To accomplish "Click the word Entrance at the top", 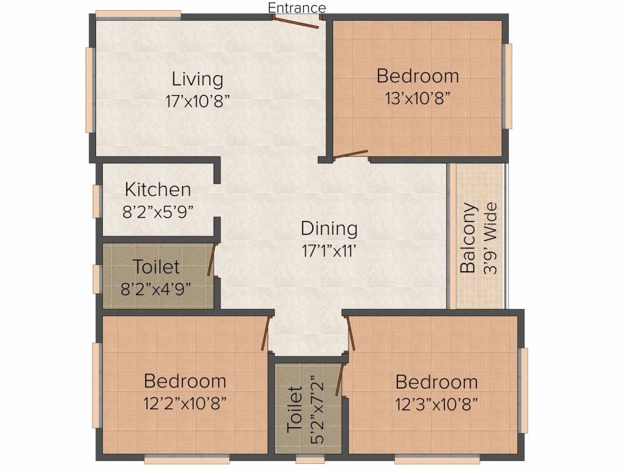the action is coord(297,7).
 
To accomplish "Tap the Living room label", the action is coord(197,80).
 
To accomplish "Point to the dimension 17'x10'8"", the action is coord(198,102).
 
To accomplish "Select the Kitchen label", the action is coord(157,190).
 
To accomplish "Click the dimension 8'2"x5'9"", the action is coord(158,212).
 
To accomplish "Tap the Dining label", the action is coord(329,229).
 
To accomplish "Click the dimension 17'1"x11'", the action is coord(329,251).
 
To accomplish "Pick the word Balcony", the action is coord(468,238).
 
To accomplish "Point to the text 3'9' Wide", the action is coord(490,238).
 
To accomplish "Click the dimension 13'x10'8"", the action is coord(418,98).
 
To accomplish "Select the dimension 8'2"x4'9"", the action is coord(156,289).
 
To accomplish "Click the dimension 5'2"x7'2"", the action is coord(317,409).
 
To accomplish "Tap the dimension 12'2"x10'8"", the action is coord(185,403).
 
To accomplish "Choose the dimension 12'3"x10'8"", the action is coord(437,405).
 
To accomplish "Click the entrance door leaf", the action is coord(296,23).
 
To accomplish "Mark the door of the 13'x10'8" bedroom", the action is coord(351,155).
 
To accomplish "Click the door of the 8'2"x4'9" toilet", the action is coord(212,259).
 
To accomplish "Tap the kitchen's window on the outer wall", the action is coord(96,201).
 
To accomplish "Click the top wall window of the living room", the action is coord(138,15).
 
